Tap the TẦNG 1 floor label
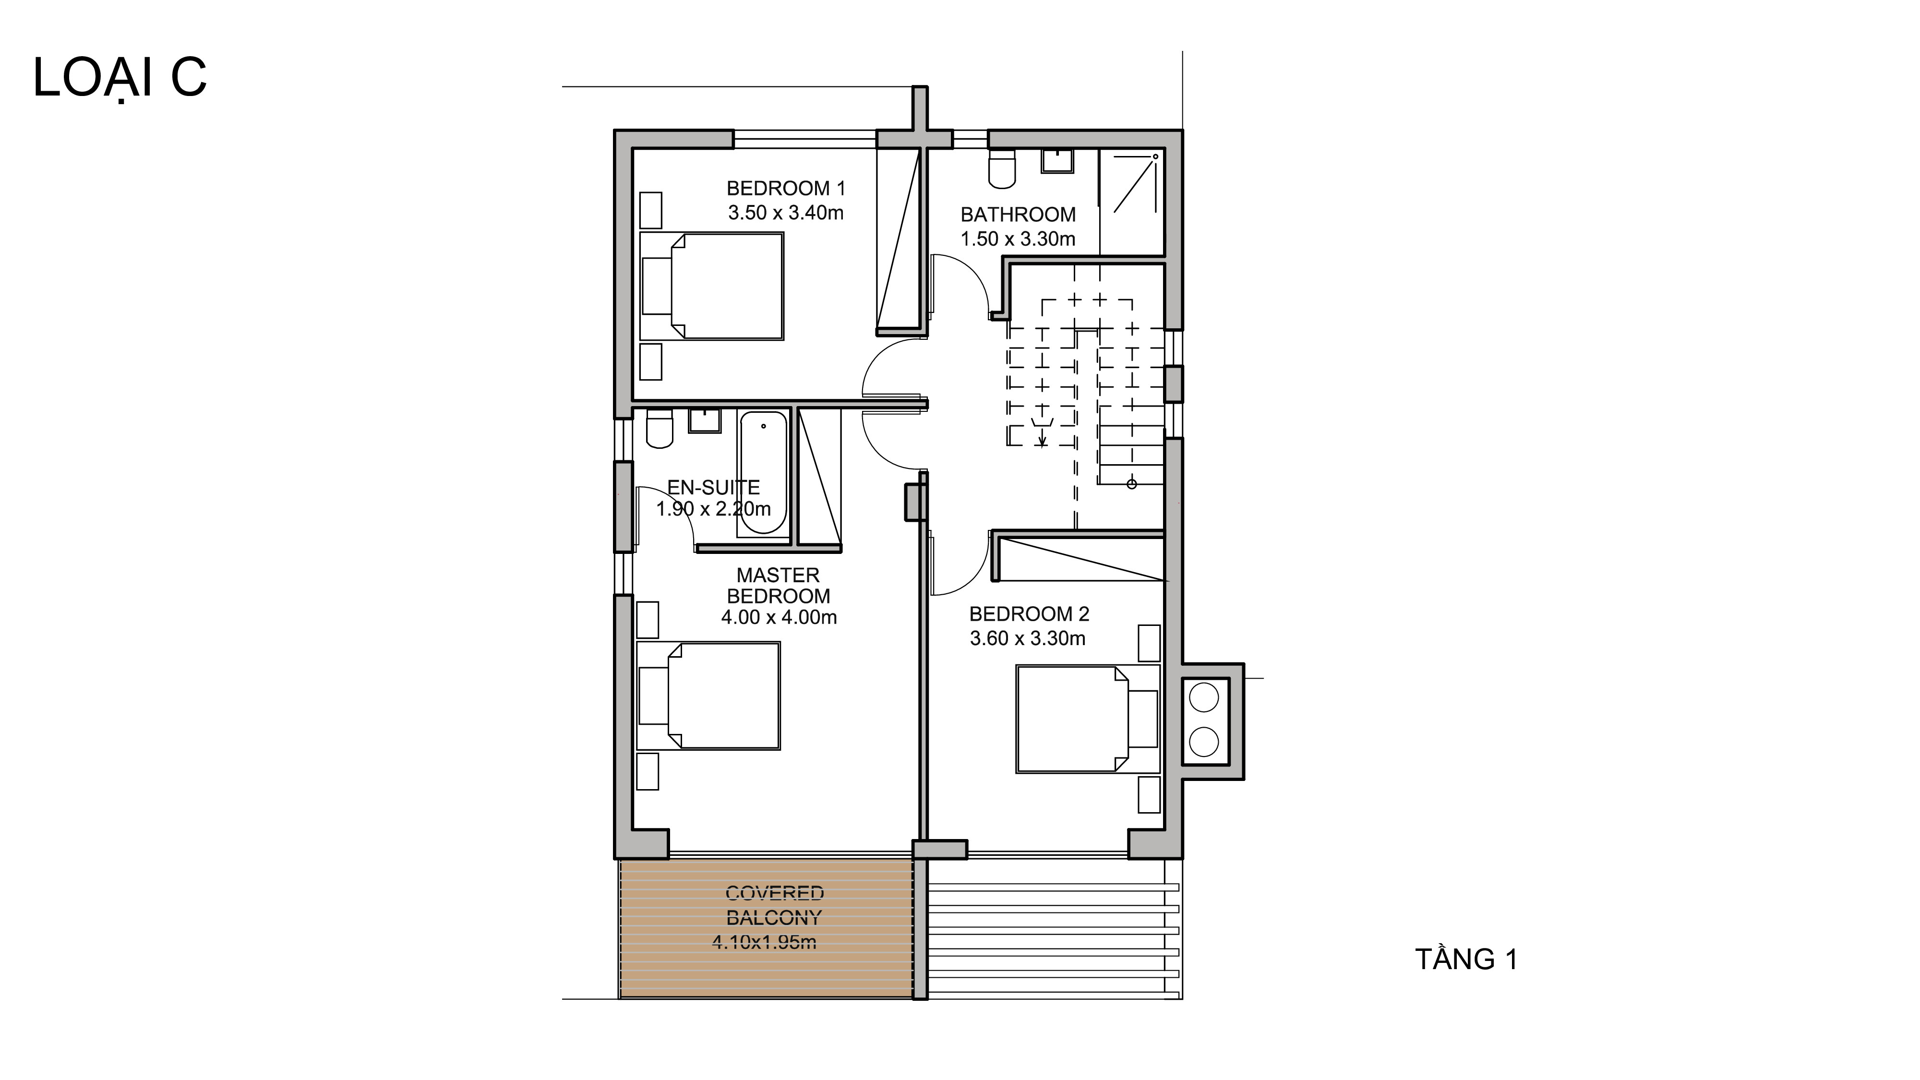pyautogui.click(x=1465, y=959)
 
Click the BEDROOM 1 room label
pyautogui.click(x=786, y=189)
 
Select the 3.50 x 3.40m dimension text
pyautogui.click(x=786, y=213)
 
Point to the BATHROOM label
pyautogui.click(x=1018, y=215)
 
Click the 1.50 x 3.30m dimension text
pyautogui.click(x=1018, y=239)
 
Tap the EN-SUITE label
pyautogui.click(x=713, y=488)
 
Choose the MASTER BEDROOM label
pyautogui.click(x=778, y=586)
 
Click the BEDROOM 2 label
pyautogui.click(x=1029, y=614)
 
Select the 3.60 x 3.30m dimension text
pyautogui.click(x=1027, y=639)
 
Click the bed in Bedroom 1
pyautogui.click(x=712, y=286)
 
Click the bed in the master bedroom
pyautogui.click(x=708, y=696)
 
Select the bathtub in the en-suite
pyautogui.click(x=763, y=473)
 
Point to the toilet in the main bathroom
pyautogui.click(x=1002, y=168)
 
